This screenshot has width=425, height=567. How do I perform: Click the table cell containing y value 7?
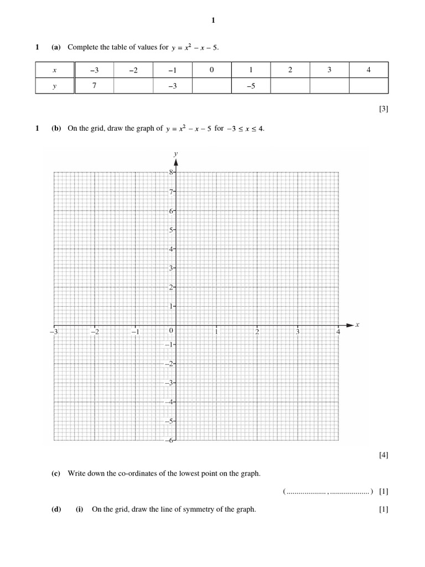pyautogui.click(x=94, y=85)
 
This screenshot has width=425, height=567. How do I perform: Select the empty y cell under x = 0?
pyautogui.click(x=211, y=85)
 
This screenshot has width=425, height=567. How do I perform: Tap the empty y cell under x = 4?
pyautogui.click(x=369, y=85)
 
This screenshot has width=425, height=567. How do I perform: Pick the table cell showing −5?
pyautogui.click(x=251, y=85)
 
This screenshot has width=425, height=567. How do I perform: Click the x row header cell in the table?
pyautogui.click(x=54, y=70)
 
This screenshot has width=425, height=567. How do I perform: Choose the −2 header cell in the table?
pyautogui.click(x=133, y=70)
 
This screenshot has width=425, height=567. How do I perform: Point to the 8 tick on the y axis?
pyautogui.click(x=172, y=172)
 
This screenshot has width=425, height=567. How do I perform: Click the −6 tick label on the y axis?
pyautogui.click(x=170, y=440)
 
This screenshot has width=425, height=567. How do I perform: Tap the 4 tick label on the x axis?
pyautogui.click(x=338, y=332)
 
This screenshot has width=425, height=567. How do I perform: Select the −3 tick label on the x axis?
pyautogui.click(x=54, y=332)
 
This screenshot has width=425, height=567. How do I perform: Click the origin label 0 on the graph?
pyautogui.click(x=171, y=331)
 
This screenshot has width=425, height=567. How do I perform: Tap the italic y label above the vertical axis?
pyautogui.click(x=175, y=153)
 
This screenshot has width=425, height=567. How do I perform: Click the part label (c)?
pyautogui.click(x=56, y=473)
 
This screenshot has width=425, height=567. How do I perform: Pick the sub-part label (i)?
pyautogui.click(x=80, y=509)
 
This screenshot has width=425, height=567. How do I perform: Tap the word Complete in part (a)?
pyautogui.click(x=81, y=48)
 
